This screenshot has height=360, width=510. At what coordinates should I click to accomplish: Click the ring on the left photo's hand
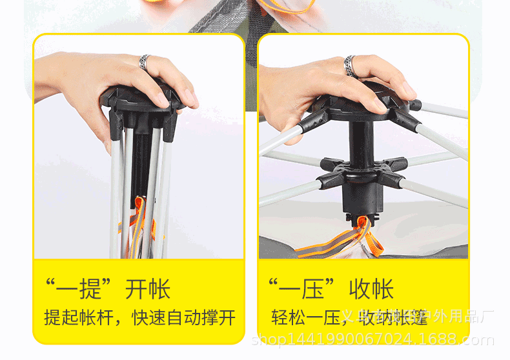click(x=144, y=63)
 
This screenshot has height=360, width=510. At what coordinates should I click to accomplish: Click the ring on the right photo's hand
click(x=350, y=65)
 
